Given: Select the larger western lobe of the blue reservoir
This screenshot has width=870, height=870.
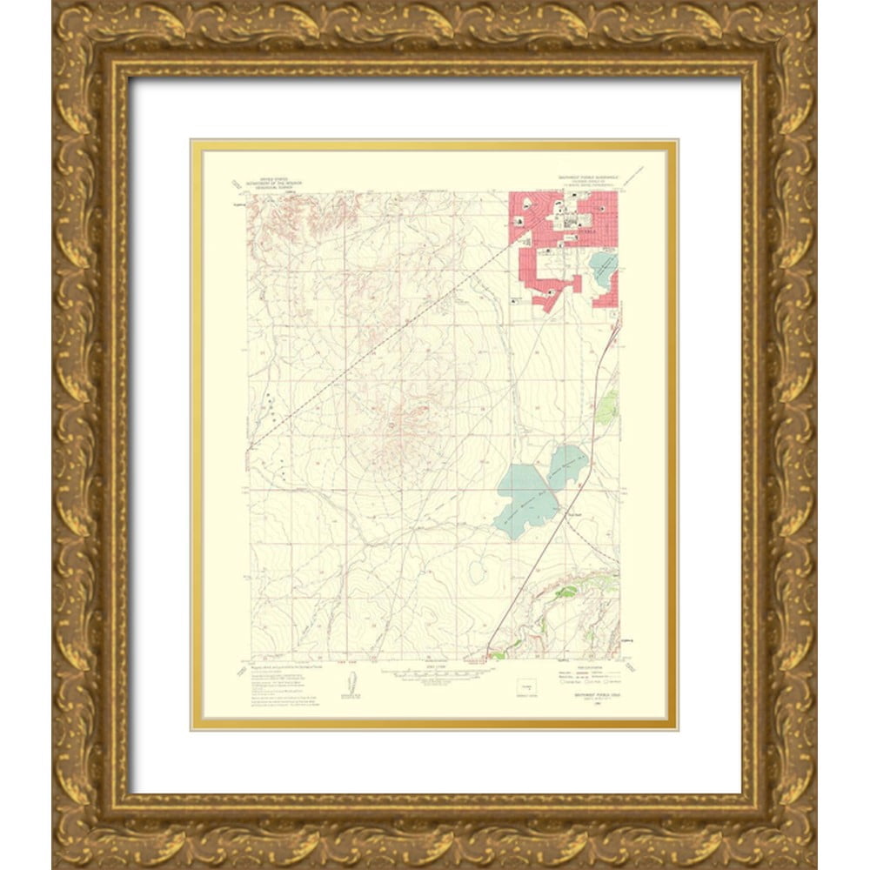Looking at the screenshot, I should click(x=527, y=499).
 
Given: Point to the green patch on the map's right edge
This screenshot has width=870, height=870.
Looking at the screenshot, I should click(x=608, y=405).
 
